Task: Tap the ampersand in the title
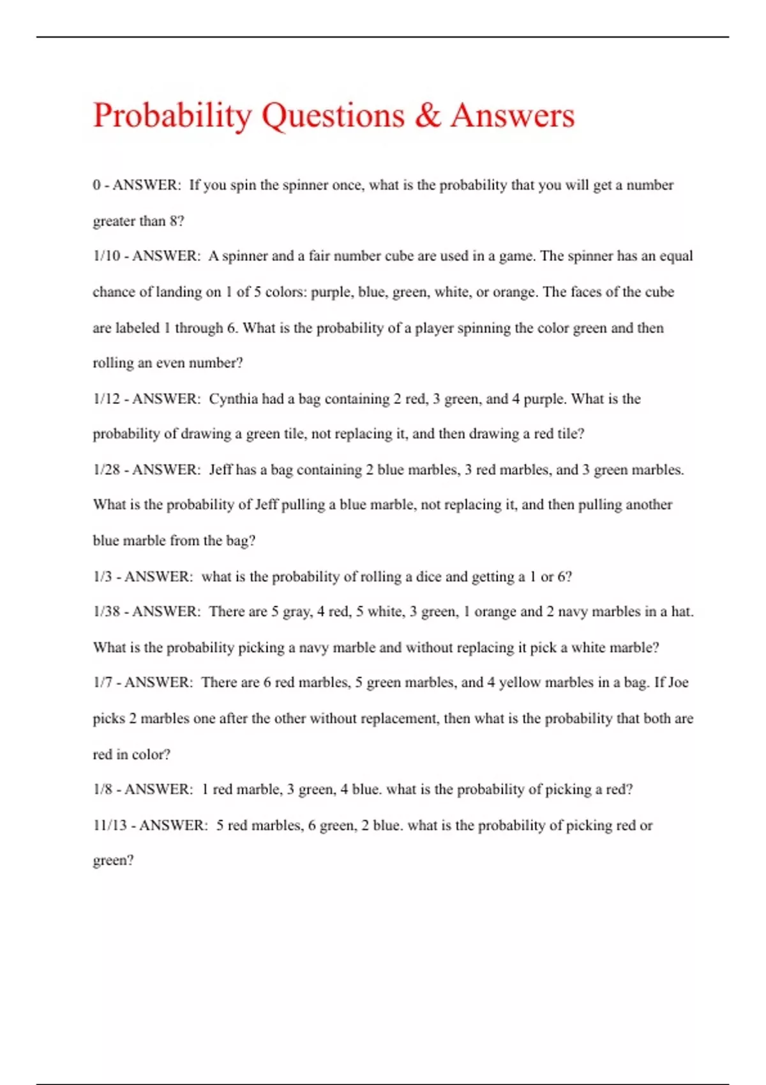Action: [427, 115]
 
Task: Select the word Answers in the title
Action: [513, 115]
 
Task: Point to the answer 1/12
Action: [107, 399]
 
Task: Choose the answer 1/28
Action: [107, 470]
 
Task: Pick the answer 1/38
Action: [107, 611]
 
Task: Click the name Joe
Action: [677, 682]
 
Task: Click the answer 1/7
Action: [103, 682]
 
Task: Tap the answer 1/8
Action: [103, 789]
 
